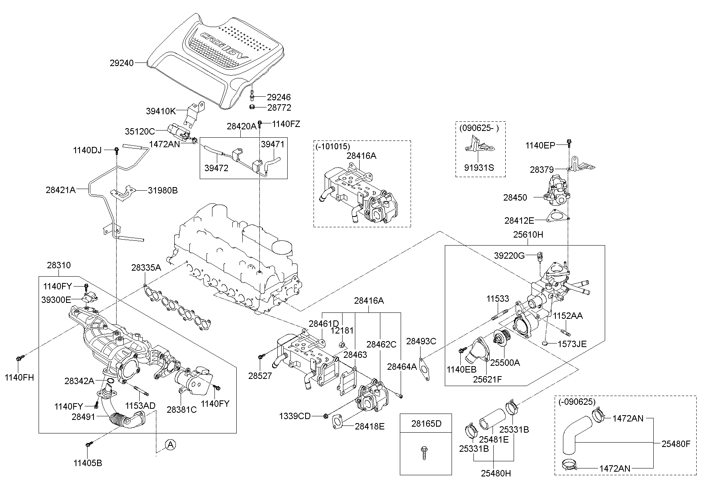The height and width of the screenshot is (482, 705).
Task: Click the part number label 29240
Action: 122,63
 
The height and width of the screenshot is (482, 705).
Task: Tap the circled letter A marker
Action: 170,445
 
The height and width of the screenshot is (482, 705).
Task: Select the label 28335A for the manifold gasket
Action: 146,268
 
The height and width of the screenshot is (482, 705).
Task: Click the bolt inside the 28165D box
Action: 425,453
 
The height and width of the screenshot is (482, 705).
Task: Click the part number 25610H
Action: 528,235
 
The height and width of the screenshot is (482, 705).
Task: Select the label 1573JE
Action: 572,344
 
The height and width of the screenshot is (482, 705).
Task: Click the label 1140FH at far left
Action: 19,377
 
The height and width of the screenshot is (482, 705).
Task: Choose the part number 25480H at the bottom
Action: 496,473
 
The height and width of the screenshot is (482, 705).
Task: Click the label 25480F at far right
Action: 676,443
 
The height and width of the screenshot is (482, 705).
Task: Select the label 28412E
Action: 519,220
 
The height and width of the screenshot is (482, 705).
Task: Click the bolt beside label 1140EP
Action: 569,142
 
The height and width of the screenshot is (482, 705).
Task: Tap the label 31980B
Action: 163,190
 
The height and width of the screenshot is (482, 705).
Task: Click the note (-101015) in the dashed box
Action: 333,146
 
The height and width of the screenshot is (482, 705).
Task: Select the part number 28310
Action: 58,265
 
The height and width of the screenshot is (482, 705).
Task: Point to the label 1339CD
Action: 295,416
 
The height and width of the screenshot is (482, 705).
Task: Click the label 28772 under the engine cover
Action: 279,107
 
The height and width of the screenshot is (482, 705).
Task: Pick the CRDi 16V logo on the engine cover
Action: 223,47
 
